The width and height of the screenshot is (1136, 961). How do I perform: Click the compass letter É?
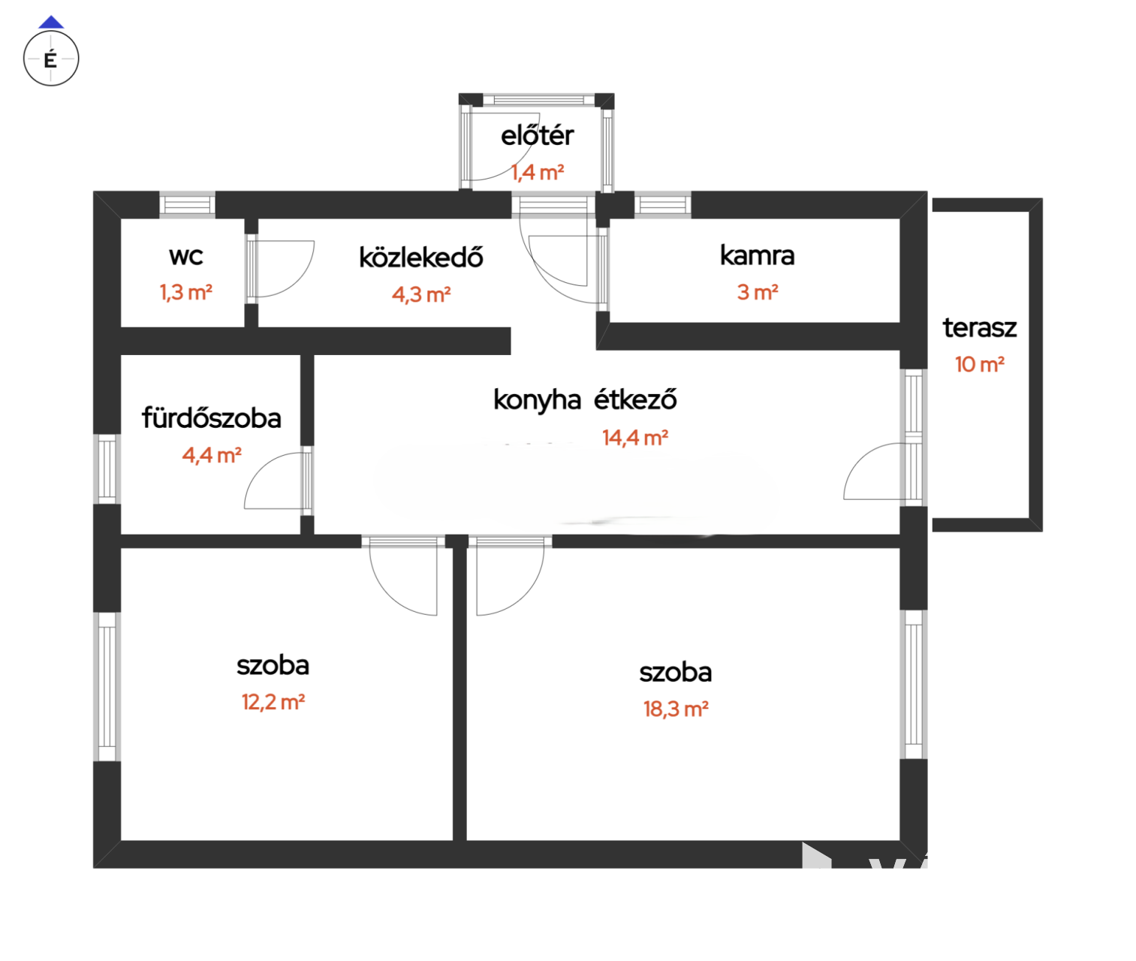50,59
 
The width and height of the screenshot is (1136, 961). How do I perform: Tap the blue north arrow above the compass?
51,22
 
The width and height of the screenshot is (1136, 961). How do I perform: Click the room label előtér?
537,135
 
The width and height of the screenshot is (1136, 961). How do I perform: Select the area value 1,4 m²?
537,173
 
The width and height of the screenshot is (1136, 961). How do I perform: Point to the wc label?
185,256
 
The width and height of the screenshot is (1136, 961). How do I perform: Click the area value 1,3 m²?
185,292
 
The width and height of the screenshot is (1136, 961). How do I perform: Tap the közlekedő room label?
421,258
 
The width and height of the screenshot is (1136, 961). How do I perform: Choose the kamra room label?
757,255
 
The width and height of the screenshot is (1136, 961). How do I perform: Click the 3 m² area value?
758,292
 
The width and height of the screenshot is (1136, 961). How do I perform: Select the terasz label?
979,328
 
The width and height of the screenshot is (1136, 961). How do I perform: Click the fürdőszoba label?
212,418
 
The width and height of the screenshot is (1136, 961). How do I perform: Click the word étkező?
635,399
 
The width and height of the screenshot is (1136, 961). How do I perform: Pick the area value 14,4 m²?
634,438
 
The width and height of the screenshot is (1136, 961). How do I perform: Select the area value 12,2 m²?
273,702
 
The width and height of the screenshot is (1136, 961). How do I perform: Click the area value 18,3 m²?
676,709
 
